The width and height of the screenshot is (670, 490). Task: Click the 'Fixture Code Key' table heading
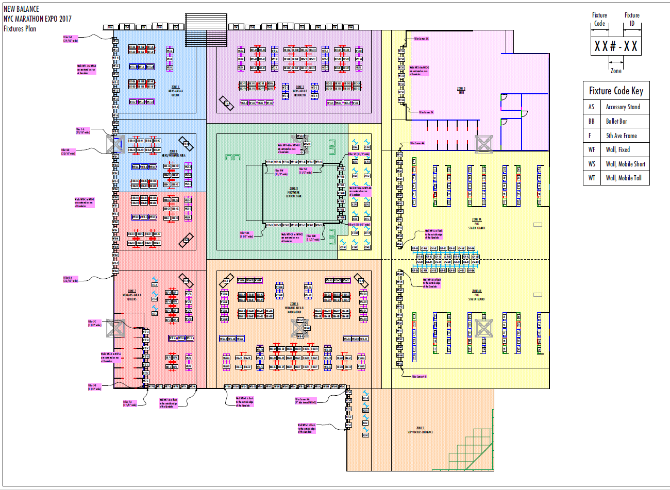616,91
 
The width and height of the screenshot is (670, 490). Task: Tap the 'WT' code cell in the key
592,178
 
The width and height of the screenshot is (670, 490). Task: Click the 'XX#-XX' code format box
616,46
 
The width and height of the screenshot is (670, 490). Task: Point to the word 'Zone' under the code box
616,71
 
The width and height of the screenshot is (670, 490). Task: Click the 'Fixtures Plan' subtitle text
20,29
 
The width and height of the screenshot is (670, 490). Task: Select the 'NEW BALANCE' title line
21,9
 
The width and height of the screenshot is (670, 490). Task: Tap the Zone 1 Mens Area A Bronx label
175,91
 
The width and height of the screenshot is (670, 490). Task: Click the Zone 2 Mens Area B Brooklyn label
300,91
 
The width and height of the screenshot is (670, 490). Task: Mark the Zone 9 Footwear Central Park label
293,192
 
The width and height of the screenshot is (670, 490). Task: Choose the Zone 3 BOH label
461,90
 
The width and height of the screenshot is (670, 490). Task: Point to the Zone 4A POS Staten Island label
476,224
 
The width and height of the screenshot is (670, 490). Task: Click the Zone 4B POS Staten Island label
476,295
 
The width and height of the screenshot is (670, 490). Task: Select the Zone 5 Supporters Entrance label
421,430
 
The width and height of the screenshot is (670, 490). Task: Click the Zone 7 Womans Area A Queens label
132,295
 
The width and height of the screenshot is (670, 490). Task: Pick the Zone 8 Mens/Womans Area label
173,153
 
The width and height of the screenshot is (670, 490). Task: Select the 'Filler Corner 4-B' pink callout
419,377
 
